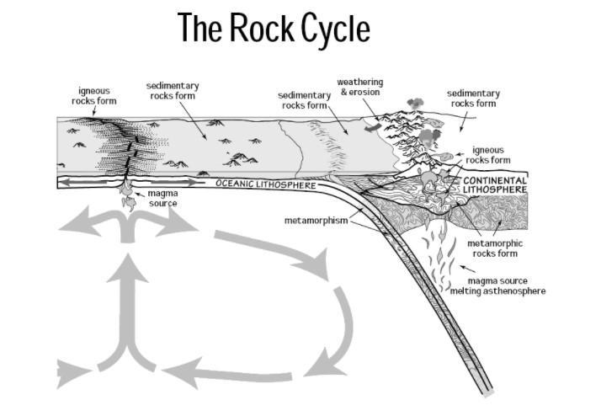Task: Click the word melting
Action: (x=467, y=291)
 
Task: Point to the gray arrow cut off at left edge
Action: (x=72, y=371)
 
